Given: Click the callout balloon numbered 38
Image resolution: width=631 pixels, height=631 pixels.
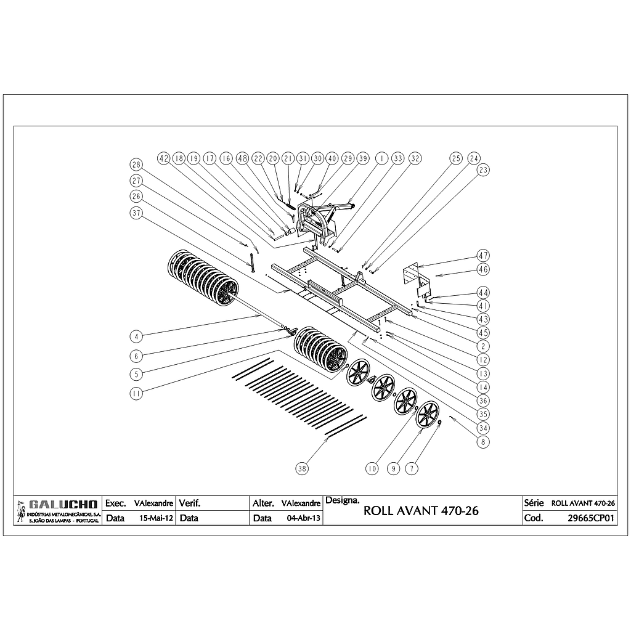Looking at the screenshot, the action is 302,468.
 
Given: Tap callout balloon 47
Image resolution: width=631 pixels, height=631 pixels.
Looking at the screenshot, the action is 483,256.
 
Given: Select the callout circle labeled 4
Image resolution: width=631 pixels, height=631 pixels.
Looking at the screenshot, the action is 136,336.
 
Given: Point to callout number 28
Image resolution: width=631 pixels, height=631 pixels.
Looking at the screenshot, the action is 136,165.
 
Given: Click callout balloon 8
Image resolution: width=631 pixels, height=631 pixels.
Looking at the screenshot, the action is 483,442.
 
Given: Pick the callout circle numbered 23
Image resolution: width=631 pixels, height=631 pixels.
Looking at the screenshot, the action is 483,170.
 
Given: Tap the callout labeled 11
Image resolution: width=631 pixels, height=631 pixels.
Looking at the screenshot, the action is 136,393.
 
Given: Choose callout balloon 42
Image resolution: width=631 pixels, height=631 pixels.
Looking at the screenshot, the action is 164,158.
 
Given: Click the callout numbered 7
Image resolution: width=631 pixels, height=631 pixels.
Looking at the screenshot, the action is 412,468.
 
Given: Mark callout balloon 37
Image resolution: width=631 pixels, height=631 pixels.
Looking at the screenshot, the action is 136,212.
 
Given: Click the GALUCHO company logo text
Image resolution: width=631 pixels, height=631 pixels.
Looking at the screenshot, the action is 63,505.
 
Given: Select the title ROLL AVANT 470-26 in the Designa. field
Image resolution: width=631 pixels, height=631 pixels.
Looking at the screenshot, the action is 421,511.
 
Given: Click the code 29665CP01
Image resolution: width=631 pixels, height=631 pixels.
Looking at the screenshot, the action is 591,518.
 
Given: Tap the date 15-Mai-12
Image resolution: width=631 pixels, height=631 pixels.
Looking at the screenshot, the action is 156,518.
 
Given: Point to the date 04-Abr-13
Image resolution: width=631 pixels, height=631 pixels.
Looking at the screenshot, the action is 303,518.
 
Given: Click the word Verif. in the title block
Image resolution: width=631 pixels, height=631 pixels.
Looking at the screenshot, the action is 190,503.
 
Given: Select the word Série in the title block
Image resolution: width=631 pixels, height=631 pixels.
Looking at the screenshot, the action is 534,503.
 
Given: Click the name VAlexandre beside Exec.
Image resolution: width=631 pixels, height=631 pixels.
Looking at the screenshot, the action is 153,503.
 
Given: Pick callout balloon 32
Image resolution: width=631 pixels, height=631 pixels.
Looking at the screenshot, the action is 415,158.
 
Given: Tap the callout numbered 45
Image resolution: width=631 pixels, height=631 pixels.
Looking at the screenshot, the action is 483,333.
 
